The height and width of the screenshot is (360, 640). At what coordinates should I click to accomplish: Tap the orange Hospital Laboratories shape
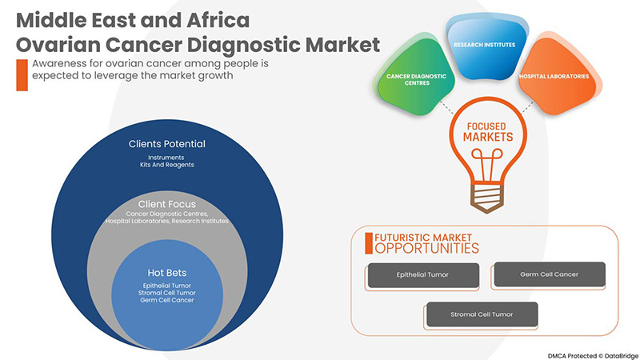coord(554,76)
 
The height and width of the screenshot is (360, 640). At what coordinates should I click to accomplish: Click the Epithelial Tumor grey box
coord(422,274)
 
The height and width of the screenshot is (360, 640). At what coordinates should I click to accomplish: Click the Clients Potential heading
coord(167,144)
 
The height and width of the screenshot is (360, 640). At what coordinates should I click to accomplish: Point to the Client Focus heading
coord(167,204)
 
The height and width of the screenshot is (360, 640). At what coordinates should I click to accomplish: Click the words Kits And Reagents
coord(167,165)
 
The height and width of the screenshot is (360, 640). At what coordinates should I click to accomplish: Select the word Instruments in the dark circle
coord(167,157)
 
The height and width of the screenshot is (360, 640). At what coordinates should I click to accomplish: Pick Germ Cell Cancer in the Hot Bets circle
coord(167,300)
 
